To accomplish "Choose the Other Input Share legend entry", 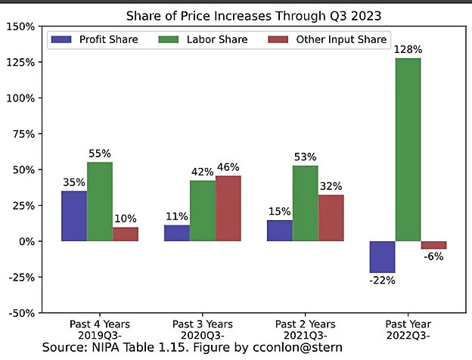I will (x=331, y=39).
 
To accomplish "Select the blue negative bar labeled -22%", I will (x=382, y=257).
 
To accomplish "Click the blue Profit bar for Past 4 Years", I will (x=73, y=216).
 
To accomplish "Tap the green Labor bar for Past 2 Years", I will (x=305, y=203).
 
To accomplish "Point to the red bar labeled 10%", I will (x=126, y=234).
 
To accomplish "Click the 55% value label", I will (x=100, y=153).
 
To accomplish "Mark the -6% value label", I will (x=433, y=257).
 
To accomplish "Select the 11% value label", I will (x=176, y=216).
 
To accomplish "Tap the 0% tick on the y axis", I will (x=25, y=241).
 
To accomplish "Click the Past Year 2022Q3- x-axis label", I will (x=408, y=329).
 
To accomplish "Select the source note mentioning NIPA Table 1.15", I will (x=192, y=347).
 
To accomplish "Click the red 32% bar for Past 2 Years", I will (x=331, y=218).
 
